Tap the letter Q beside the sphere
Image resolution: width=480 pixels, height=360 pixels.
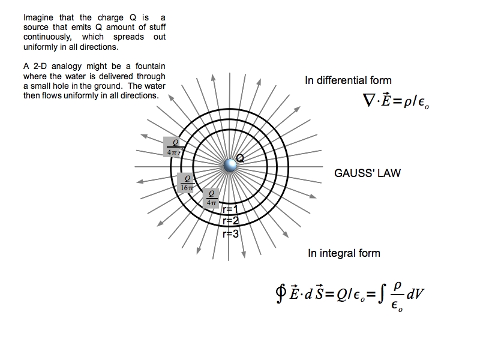tap(241, 158)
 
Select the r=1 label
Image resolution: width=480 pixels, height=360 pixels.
tap(230, 209)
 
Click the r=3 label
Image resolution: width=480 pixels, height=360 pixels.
tap(230, 234)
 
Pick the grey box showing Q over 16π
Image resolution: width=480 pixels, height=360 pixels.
tap(187, 182)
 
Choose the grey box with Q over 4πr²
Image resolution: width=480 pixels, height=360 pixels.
tap(175, 146)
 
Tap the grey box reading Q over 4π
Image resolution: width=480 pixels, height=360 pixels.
tap(211, 198)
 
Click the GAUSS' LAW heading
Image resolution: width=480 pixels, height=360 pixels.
tap(367, 173)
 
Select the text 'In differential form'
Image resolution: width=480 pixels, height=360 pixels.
tap(348, 80)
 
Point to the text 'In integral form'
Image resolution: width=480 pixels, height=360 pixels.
tap(344, 253)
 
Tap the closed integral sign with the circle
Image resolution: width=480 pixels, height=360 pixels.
tap(280, 295)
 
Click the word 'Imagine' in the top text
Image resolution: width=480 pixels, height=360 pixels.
tap(38, 18)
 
